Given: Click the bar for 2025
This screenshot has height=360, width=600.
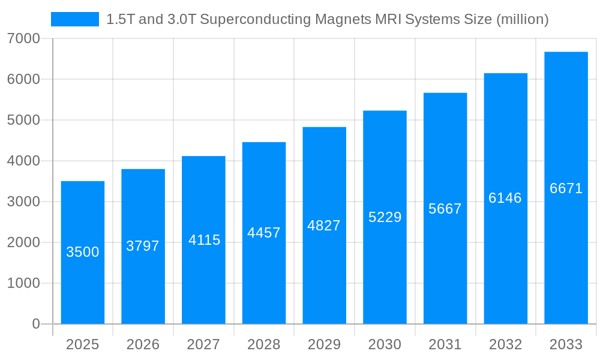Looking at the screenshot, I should coord(83,253).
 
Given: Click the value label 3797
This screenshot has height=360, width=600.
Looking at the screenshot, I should coord(143,246).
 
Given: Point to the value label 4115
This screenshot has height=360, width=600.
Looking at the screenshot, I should coord(204,240).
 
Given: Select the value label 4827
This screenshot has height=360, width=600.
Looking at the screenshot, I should coord(324,226).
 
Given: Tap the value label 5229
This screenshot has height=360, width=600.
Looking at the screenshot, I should coord(385,217).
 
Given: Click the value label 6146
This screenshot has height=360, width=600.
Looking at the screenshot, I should coord(505,198).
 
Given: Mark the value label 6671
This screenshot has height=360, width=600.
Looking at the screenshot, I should coord(566,188).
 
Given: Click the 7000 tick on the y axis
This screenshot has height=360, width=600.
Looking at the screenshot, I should coord(23,38).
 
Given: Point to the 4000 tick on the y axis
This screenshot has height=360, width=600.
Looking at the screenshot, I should coord(23,161).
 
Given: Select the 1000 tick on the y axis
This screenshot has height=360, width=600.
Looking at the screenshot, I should coord(23,283).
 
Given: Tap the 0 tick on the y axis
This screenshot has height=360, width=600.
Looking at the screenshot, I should coord(35,324).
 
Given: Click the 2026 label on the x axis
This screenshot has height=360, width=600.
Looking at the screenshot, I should coord(143,344).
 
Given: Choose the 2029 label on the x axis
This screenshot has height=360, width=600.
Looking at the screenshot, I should coord(324,344).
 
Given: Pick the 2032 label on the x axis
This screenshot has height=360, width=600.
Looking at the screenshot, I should coord(505,344).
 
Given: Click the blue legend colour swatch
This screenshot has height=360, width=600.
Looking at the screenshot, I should coord(75,19).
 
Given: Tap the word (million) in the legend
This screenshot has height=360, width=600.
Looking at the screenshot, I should coord(522,19).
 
